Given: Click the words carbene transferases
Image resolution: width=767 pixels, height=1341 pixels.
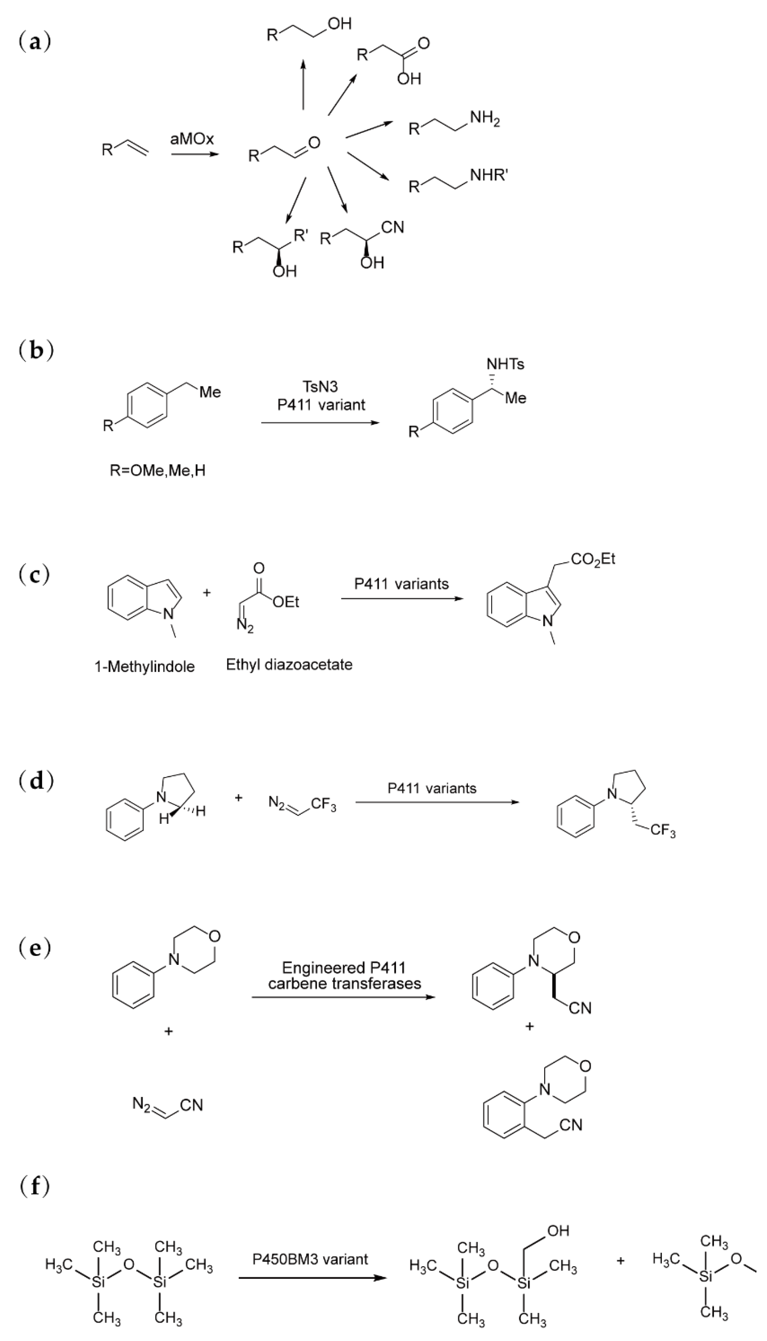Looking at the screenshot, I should coord(345,983).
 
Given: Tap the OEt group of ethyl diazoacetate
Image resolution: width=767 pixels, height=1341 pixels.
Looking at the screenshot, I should coord(286,602).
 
